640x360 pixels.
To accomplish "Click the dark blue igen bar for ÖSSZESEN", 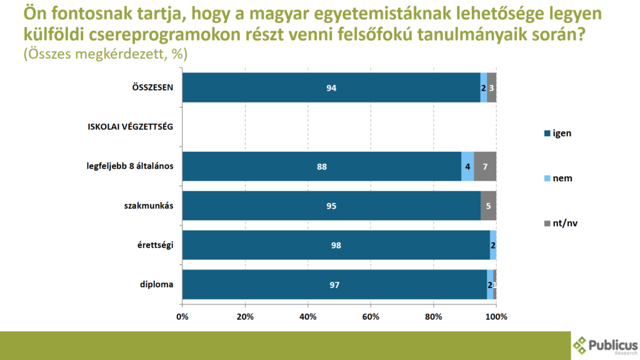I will (331, 87).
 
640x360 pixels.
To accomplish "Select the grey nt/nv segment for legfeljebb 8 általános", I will (485, 166).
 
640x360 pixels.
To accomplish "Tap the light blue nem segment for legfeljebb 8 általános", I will (467, 166).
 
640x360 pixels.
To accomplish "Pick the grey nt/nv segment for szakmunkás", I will (489, 206).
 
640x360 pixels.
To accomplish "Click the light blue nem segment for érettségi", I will (493, 245).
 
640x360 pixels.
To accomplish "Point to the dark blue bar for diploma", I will (334, 284).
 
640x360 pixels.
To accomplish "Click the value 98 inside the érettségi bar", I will (336, 246).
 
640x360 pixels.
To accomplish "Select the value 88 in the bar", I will (322, 167).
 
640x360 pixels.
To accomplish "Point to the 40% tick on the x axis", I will (308, 317).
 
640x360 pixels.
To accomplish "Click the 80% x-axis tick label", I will (434, 317).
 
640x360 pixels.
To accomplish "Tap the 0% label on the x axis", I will (182, 317).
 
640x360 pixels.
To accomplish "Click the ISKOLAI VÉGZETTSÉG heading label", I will (129, 127).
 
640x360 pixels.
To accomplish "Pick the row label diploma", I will (156, 284).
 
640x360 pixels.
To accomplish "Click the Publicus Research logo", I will (605, 346).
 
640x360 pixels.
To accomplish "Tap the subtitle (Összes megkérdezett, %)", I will (105, 54).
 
